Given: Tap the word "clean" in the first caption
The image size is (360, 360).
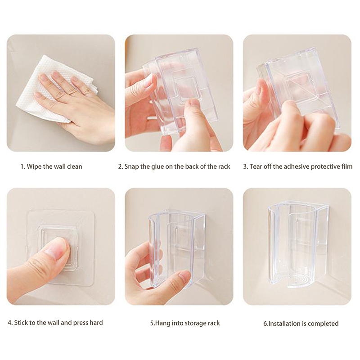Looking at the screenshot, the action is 75,166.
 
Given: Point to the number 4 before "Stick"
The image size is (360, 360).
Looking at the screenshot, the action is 9,323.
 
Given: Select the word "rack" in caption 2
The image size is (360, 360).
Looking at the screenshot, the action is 224,166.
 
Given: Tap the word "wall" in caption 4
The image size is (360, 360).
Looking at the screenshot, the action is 54,323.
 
